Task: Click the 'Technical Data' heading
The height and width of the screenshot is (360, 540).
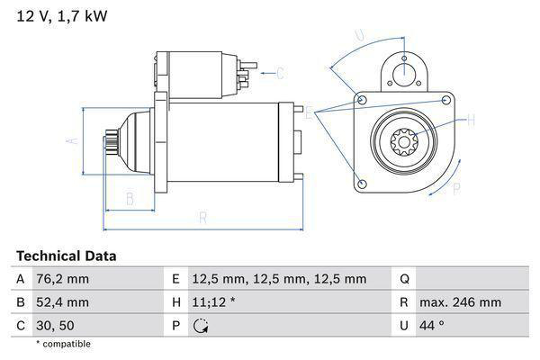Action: pyautogui.click(x=66, y=256)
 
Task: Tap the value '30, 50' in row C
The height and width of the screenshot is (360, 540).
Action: pyautogui.click(x=57, y=326)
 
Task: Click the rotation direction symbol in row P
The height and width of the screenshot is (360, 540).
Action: pyautogui.click(x=201, y=327)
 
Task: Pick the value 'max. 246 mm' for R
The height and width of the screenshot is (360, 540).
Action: pyautogui.click(x=462, y=302)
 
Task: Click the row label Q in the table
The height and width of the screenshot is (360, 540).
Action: pyautogui.click(x=404, y=279)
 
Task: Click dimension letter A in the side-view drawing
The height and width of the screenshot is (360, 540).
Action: pyautogui.click(x=75, y=140)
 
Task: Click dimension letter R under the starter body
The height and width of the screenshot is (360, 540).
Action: pyautogui.click(x=203, y=218)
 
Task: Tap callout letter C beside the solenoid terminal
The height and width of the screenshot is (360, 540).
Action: pyautogui.click(x=279, y=73)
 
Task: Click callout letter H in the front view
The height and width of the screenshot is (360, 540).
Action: pyautogui.click(x=468, y=118)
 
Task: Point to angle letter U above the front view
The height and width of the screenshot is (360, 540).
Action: pyautogui.click(x=359, y=36)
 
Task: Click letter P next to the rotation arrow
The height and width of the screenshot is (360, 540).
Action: pyautogui.click(x=455, y=188)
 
